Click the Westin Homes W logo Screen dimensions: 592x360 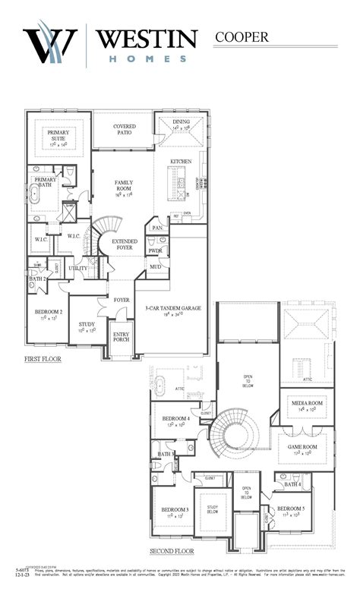tap(49, 46)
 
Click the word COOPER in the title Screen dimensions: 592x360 tap(245, 36)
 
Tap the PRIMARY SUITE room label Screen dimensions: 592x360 tap(58, 136)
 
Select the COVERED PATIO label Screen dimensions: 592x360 tap(124, 129)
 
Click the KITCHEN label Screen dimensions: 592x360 tap(181, 162)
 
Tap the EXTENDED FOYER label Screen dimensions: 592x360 tap(124, 244)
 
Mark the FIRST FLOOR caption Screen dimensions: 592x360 tap(43, 358)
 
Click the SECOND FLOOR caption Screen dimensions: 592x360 tap(172, 551)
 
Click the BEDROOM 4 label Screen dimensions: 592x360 tap(175, 420)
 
